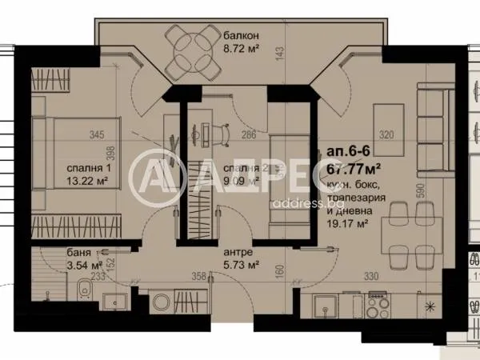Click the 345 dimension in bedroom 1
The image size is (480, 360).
[x=98, y=135]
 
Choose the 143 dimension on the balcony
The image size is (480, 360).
[x=279, y=53]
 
